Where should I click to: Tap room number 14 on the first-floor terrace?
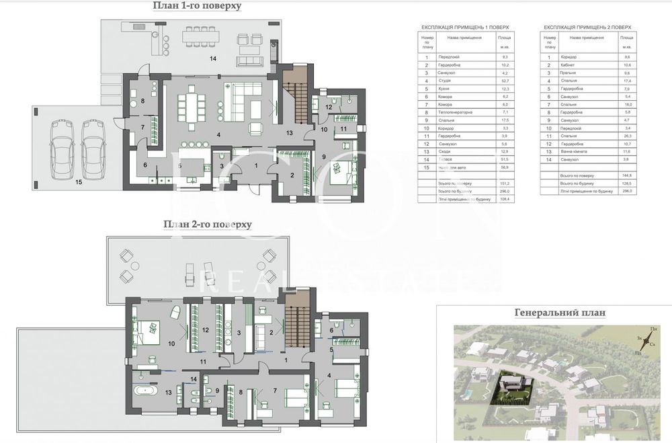[214, 59]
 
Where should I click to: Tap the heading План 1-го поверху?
[196, 7]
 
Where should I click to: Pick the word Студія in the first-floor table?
[444, 80]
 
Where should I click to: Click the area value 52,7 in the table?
[504, 80]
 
